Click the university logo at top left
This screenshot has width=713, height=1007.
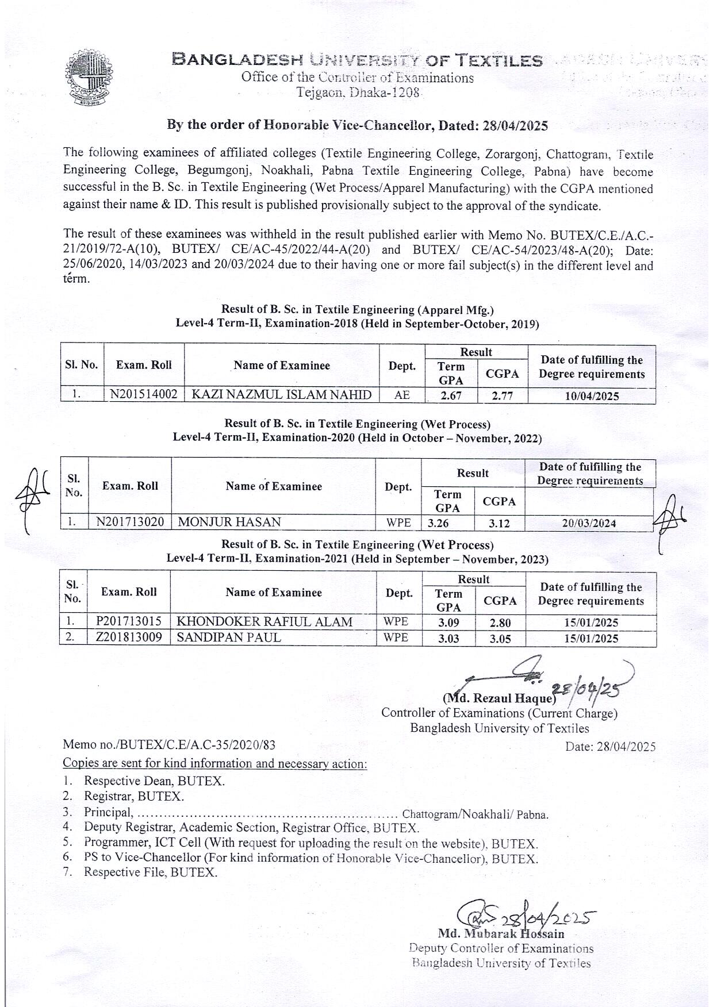coord(89,78)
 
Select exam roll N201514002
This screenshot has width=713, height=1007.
coord(144,395)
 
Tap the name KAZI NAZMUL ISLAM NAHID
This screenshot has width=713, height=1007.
coord(281,395)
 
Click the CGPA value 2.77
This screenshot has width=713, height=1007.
coord(503,396)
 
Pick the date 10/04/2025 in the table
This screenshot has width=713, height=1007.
coord(591,396)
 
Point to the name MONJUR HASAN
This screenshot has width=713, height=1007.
coord(229,522)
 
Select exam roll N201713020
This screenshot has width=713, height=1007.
coord(130,522)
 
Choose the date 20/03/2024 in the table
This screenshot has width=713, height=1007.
coord(589,523)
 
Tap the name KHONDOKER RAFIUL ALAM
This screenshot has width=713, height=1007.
coord(264,622)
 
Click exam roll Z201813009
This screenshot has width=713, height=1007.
coord(129,637)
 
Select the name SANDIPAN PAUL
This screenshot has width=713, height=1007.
coord(229,637)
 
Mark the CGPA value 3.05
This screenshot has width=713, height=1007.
coord(500,639)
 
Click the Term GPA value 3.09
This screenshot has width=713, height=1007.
coord(448,622)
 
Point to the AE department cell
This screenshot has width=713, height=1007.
coord(402,395)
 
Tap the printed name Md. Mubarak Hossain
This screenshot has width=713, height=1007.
coord(501,934)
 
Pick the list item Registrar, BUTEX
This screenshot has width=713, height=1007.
coord(134,797)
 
